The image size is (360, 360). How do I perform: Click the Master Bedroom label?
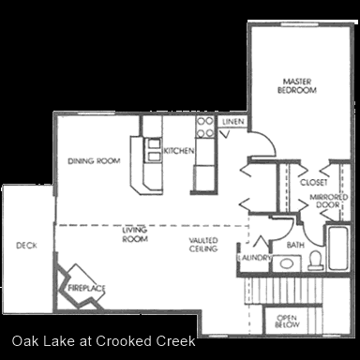click(297, 86)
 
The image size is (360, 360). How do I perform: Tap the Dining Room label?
click(94, 161)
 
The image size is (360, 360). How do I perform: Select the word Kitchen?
click(179, 151)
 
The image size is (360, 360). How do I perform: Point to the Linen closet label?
click(233, 122)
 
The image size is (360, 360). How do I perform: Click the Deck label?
click(26, 246)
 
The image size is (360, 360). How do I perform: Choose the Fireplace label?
click(86, 288)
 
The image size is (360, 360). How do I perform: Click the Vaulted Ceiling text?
click(203, 245)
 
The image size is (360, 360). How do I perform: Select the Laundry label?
click(254, 258)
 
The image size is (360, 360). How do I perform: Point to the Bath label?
click(295, 245)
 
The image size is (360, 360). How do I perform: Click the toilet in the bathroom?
click(315, 260)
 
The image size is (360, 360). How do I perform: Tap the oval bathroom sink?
click(287, 263)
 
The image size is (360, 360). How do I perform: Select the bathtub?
click(338, 248)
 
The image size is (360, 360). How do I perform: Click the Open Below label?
click(287, 322)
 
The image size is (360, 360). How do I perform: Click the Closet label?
click(313, 182)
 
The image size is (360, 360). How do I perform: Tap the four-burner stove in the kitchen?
click(205, 127)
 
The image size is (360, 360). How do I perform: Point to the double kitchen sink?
click(154, 149)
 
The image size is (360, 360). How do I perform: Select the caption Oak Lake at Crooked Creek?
click(104, 341)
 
